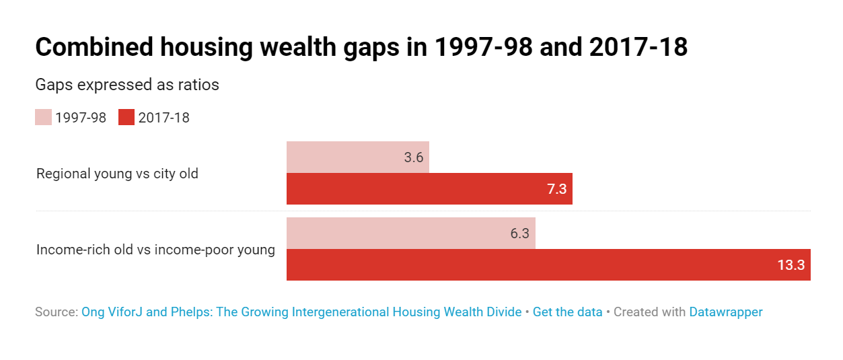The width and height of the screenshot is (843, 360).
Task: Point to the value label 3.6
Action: pyautogui.click(x=413, y=158)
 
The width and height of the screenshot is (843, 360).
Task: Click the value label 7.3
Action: pyautogui.click(x=557, y=189)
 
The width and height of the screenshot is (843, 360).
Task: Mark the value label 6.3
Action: pyautogui.click(x=519, y=233)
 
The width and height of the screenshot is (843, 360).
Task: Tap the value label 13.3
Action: pyautogui.click(x=791, y=265)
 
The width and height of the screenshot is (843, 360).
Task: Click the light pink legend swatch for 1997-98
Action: pyautogui.click(x=43, y=117)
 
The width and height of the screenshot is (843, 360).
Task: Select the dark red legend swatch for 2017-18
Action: pyautogui.click(x=126, y=117)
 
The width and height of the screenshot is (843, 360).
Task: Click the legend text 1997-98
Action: pyautogui.click(x=81, y=118)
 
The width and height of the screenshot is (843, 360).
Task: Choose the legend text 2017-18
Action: pyautogui.click(x=163, y=118)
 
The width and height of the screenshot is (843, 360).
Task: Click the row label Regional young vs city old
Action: pyautogui.click(x=117, y=174)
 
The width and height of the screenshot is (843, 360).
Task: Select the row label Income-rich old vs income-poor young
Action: pyautogui.click(x=155, y=250)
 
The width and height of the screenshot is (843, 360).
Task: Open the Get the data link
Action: pyautogui.click(x=567, y=312)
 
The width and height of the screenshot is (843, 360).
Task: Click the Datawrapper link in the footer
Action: pyautogui.click(x=725, y=312)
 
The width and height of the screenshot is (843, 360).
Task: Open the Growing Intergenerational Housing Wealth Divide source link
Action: pyautogui.click(x=301, y=312)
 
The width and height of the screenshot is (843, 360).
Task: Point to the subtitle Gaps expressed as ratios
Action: pyautogui.click(x=127, y=85)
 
